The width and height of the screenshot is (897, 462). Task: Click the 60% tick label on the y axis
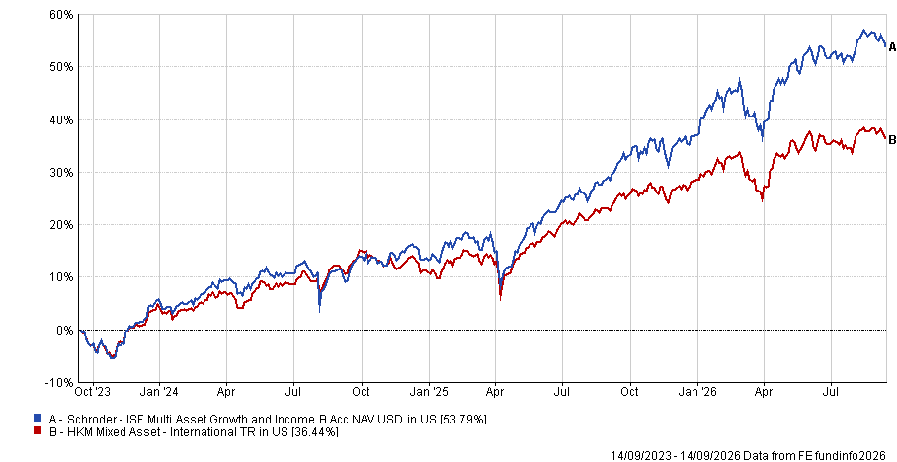(62, 14)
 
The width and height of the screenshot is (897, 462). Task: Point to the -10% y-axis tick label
(60, 382)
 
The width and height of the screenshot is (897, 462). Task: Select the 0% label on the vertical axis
(65, 330)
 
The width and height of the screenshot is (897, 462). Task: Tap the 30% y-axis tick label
(62, 172)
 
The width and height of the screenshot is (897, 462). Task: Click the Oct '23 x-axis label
(92, 392)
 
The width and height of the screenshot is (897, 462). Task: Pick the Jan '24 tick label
(160, 392)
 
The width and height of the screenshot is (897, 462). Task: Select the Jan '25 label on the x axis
(430, 392)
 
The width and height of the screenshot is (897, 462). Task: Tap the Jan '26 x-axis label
(697, 392)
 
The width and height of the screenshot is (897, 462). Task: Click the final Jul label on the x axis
(831, 392)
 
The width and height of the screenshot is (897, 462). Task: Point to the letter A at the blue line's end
(892, 48)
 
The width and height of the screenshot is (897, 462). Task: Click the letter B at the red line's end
(892, 141)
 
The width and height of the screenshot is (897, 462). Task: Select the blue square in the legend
(38, 419)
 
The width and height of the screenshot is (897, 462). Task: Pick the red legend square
(38, 430)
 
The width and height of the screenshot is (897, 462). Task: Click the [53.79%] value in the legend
(462, 420)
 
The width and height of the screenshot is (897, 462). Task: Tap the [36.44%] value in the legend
(314, 431)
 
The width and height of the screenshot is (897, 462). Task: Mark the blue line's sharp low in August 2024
(319, 311)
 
